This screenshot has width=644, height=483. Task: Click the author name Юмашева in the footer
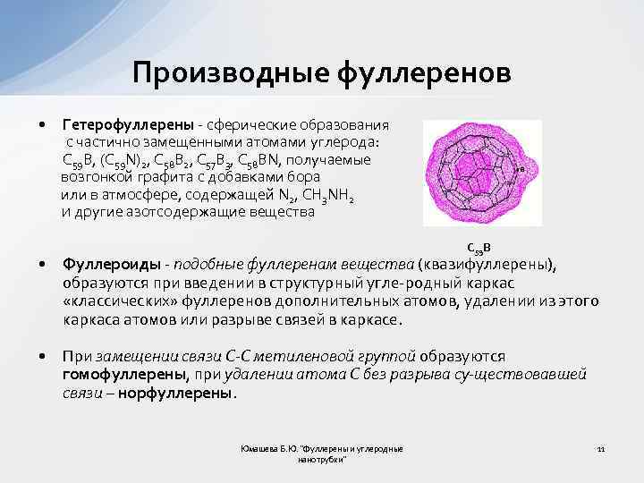[261, 447]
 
